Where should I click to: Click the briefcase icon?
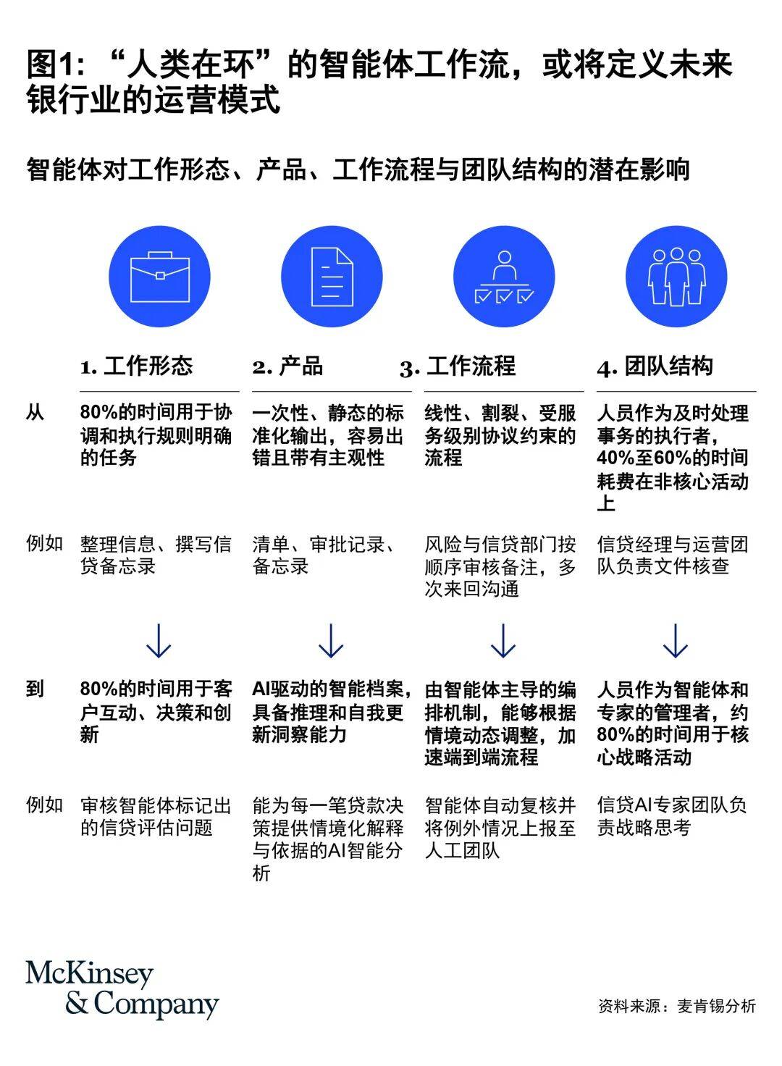click(159, 277)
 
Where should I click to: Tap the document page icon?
click(332, 277)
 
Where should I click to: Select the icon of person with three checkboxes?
click(504, 277)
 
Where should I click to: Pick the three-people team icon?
click(676, 277)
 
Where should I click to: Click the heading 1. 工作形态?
click(137, 366)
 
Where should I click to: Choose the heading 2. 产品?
click(287, 366)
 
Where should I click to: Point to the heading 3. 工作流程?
click(458, 366)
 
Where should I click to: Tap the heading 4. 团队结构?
click(655, 366)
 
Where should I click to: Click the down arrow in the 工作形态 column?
click(159, 641)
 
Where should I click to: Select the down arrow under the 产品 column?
click(331, 641)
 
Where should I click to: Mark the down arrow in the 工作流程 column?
click(503, 641)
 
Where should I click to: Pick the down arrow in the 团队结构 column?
click(676, 641)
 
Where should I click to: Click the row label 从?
click(35, 413)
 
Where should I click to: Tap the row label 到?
click(35, 689)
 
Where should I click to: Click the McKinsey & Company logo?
click(122, 990)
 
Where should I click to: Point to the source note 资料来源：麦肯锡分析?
click(676, 1006)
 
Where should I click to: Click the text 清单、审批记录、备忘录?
click(325, 555)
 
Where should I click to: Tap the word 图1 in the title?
click(51, 65)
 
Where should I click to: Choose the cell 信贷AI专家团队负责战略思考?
click(672, 816)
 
